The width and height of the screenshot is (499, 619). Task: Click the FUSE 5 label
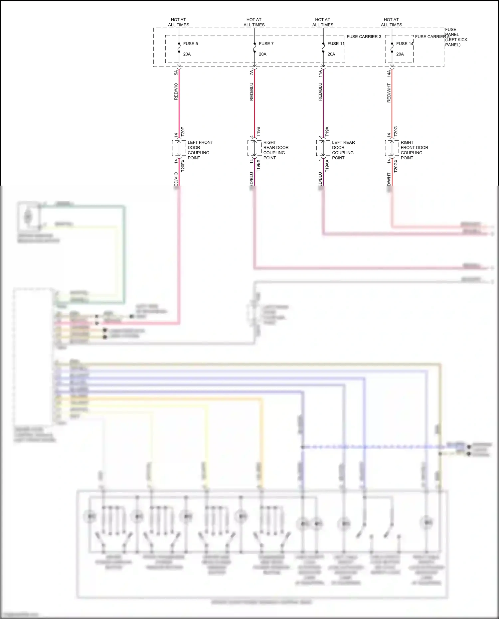point(190,44)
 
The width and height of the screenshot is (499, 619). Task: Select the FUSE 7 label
point(266,44)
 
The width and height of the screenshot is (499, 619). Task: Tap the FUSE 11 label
point(336,44)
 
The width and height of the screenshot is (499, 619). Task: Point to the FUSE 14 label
point(405,44)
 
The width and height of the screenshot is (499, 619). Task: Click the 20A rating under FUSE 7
point(262,54)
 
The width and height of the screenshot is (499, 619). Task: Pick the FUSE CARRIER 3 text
point(364,37)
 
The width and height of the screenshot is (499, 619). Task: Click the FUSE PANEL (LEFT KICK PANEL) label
point(456,37)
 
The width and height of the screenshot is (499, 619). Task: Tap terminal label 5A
point(176,72)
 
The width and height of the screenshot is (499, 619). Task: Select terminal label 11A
point(320,74)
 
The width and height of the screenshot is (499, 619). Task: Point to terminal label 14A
point(389,74)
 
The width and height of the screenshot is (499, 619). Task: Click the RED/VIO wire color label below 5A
point(176,91)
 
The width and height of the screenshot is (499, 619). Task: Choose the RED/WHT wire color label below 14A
point(389,93)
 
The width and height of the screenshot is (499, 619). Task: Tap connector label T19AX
point(327,165)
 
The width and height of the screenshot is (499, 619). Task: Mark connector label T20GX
point(396,165)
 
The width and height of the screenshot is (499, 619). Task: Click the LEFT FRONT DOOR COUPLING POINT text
point(200,150)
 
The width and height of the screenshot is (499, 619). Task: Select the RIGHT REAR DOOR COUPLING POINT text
point(275,150)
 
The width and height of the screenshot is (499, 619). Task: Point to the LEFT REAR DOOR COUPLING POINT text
point(343,150)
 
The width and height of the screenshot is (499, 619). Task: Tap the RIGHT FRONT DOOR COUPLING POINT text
point(414,150)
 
